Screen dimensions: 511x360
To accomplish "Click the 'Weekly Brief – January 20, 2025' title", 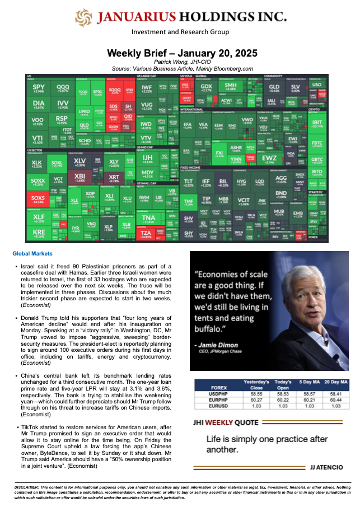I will click(182, 53).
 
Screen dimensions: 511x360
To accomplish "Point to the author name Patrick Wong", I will click(182, 62).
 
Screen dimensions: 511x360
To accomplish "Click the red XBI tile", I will click(80, 178).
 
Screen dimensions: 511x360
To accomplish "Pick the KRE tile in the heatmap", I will click(38, 233).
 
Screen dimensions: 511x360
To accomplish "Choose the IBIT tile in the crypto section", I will click(333, 123).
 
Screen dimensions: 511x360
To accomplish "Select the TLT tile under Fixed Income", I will click(189, 183).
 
